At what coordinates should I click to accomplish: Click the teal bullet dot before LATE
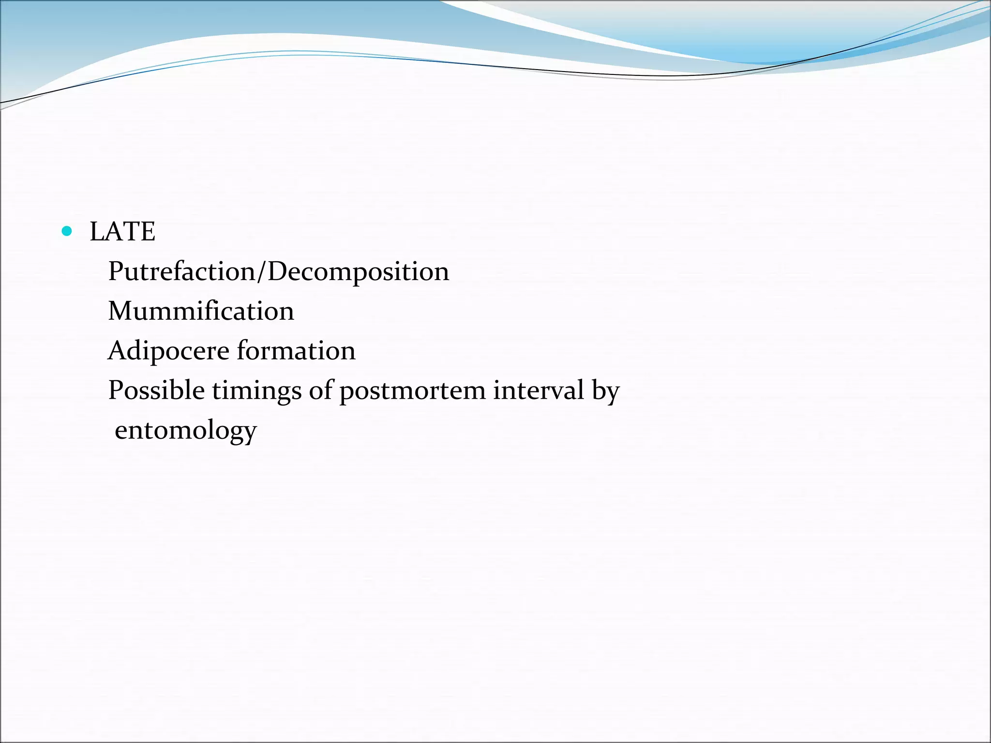pos(67,232)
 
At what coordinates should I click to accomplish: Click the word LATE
pos(122,232)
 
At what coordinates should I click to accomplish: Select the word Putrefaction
pos(181,271)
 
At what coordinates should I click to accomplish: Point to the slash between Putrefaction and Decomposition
pos(261,271)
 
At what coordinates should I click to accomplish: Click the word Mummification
pos(201,311)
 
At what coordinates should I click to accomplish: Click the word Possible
pos(156,390)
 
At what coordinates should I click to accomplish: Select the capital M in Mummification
pos(119,311)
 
